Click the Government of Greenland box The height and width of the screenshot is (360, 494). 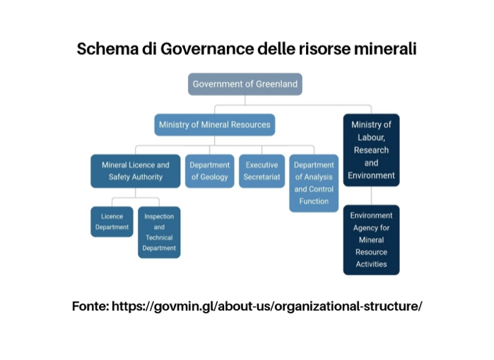[x=245, y=84]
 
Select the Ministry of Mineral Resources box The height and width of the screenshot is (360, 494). [x=215, y=125]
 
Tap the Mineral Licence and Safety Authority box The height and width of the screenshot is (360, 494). [x=136, y=171]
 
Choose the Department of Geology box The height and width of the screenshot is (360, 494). [x=209, y=171]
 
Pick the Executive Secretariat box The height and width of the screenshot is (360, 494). [x=261, y=171]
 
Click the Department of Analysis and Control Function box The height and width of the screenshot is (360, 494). [x=314, y=183]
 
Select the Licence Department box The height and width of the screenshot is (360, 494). [x=112, y=221]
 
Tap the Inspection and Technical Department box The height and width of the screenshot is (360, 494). [x=159, y=232]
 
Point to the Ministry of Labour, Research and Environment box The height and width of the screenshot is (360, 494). [x=372, y=150]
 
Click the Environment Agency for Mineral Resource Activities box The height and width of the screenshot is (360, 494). [x=372, y=240]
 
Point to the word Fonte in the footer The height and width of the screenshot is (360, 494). [x=90, y=306]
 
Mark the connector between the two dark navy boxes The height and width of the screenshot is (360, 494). [x=372, y=196]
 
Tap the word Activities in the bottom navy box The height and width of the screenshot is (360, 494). [x=372, y=265]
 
